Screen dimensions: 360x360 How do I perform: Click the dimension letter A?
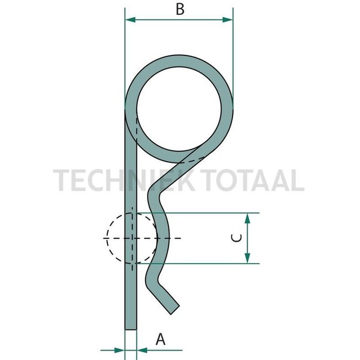pyautogui.click(x=161, y=338)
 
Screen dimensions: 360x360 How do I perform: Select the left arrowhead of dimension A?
pyautogui.click(x=120, y=349)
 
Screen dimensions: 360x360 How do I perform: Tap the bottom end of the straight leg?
pyautogui.click(x=130, y=328)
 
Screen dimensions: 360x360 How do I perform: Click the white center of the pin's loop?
pyautogui.click(x=180, y=109)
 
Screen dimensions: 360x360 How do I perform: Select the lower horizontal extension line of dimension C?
pyautogui.click(x=210, y=263)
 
